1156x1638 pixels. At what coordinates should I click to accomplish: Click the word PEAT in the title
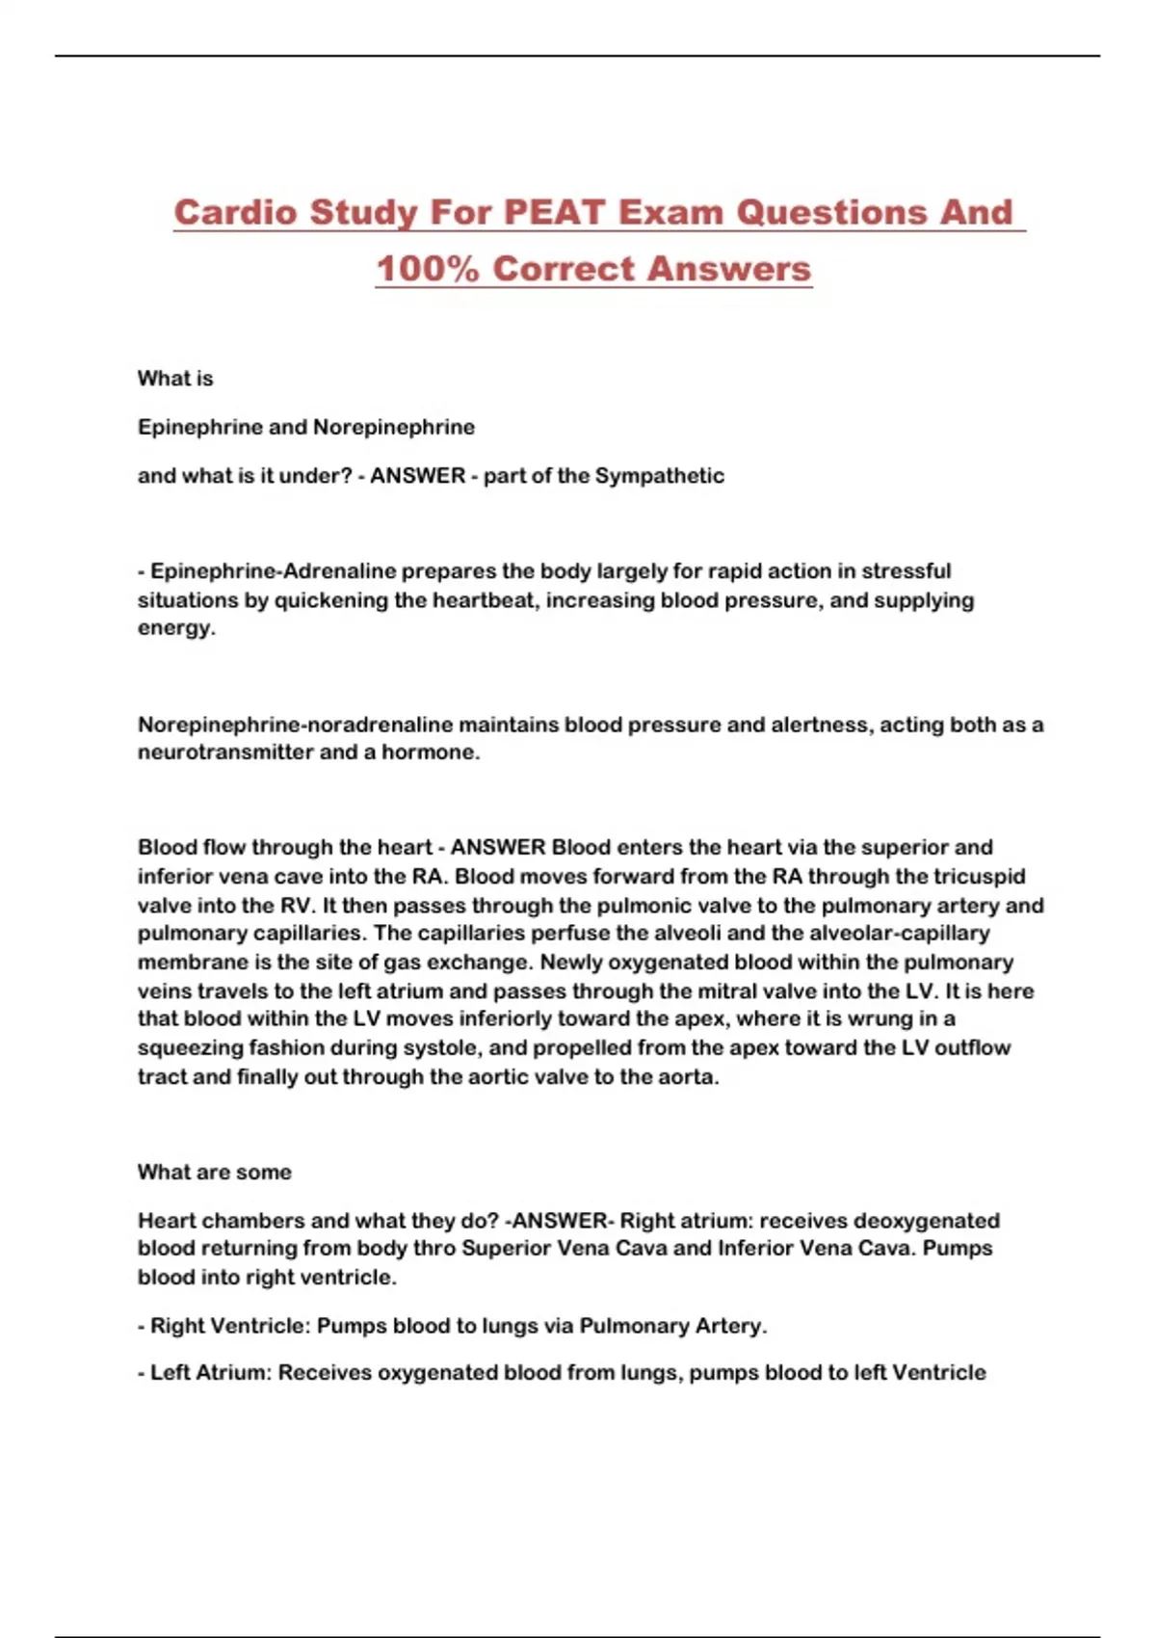[x=555, y=212]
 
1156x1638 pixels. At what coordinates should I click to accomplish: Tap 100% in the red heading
[x=427, y=269]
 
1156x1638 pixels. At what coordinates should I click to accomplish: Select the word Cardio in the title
[x=235, y=212]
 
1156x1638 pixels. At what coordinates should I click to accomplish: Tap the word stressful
[x=906, y=571]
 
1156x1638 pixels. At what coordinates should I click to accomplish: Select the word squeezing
[x=190, y=1048]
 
